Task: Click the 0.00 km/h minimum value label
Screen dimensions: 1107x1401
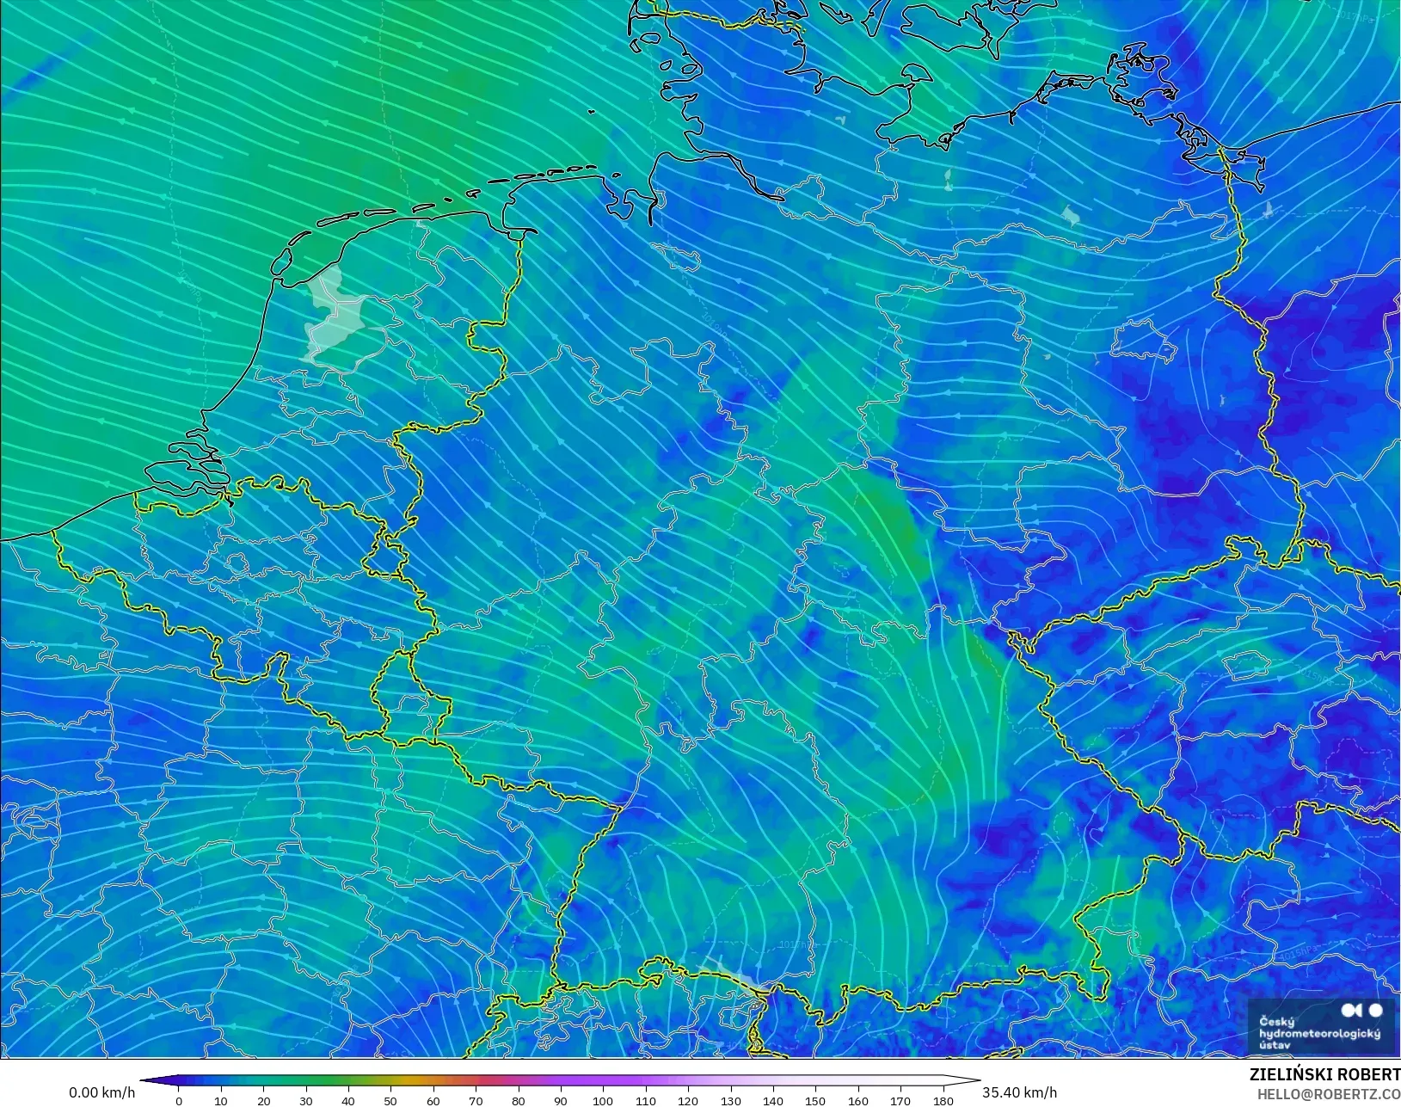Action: point(101,1092)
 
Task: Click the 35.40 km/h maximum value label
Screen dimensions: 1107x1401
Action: point(1019,1092)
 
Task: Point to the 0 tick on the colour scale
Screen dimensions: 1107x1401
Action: point(179,1101)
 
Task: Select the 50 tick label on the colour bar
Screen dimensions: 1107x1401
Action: point(390,1101)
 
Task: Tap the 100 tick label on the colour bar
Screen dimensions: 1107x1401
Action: point(603,1101)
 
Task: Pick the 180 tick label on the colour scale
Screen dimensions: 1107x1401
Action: point(943,1101)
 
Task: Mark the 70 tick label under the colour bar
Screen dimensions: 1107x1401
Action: point(476,1101)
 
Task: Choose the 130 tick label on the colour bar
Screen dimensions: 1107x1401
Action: point(730,1101)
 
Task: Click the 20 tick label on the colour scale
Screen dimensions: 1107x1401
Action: point(263,1101)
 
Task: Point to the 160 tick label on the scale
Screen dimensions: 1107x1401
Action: point(857,1101)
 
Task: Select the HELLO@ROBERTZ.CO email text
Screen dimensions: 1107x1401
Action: point(1329,1095)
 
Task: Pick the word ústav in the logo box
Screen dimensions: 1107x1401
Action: point(1275,1045)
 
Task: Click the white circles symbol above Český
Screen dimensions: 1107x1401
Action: point(1362,1010)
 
